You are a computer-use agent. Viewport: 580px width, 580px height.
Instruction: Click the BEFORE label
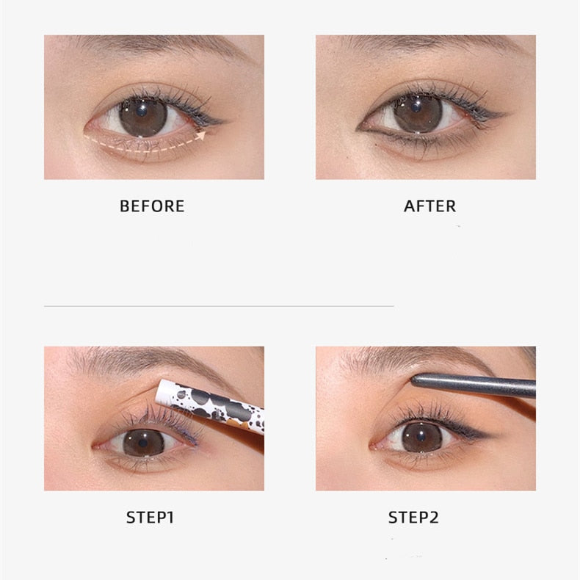coord(152,206)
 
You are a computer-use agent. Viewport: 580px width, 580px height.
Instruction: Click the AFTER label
coord(429,206)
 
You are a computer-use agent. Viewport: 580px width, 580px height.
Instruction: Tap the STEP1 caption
coord(150,518)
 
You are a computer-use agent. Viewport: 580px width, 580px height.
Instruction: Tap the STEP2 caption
coord(413,518)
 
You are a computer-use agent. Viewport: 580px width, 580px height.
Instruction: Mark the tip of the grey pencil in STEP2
coord(413,379)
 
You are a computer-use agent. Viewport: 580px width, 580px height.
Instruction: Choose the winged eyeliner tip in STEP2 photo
coord(490,439)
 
